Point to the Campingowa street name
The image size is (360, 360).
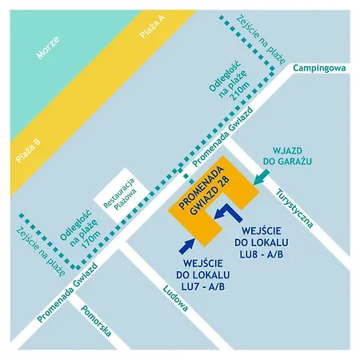click(318, 69)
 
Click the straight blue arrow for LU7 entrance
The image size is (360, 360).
click(190, 243)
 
